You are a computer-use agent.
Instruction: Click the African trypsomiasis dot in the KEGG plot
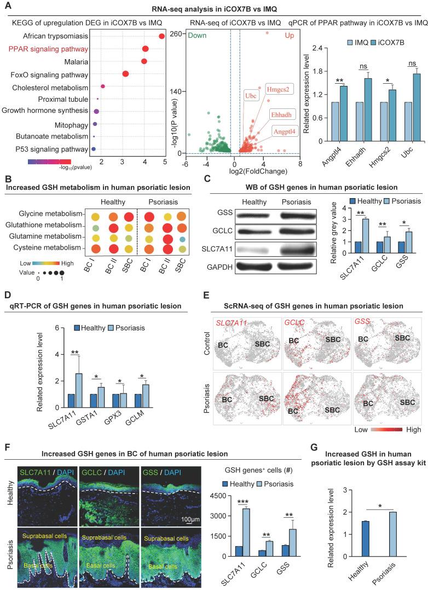[161, 36]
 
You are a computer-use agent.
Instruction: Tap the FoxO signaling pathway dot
[125, 74]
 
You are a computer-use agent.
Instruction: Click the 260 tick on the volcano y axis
[175, 34]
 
